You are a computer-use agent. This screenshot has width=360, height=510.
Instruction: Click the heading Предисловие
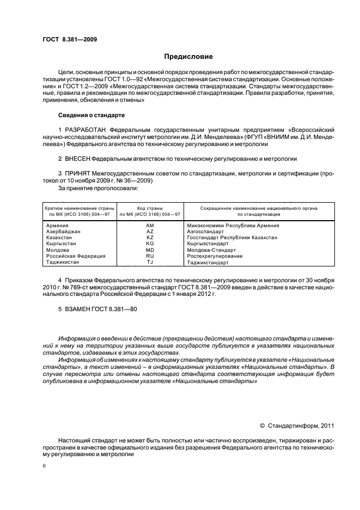pyautogui.click(x=188, y=57)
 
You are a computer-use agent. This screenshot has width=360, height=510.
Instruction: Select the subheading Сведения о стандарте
pyautogui.click(x=91, y=116)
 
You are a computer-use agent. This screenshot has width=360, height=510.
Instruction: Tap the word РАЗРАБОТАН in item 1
pyautogui.click(x=86, y=130)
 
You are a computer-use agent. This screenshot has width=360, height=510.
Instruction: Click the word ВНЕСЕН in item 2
pyautogui.click(x=78, y=159)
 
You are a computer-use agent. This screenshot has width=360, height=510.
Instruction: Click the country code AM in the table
pyautogui.click(x=150, y=225)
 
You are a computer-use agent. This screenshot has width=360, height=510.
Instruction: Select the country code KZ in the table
pyautogui.click(x=150, y=238)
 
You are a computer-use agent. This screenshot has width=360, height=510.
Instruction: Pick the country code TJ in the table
pyautogui.click(x=150, y=262)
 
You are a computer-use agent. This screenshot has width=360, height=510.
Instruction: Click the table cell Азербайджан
pyautogui.click(x=63, y=232)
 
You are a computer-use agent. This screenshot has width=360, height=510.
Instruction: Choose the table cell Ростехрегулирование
pyautogui.click(x=215, y=256)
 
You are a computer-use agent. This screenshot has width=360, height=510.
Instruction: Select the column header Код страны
pyautogui.click(x=150, y=209)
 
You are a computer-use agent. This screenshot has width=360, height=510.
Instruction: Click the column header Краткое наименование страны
pyautogui.click(x=79, y=209)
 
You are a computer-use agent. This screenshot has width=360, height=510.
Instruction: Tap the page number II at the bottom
pyautogui.click(x=45, y=466)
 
